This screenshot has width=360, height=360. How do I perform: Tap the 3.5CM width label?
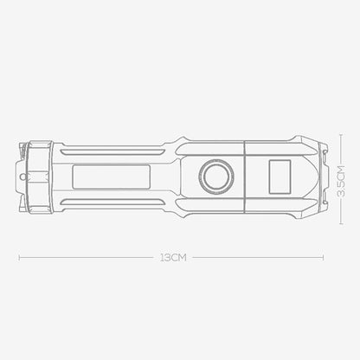point(342,183)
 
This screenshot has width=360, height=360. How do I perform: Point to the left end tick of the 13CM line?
point(19,257)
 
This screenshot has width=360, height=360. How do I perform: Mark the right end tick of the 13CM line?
point(324,257)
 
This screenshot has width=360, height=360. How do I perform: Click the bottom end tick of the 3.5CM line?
point(342,220)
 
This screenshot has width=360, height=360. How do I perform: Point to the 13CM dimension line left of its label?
point(87,257)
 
